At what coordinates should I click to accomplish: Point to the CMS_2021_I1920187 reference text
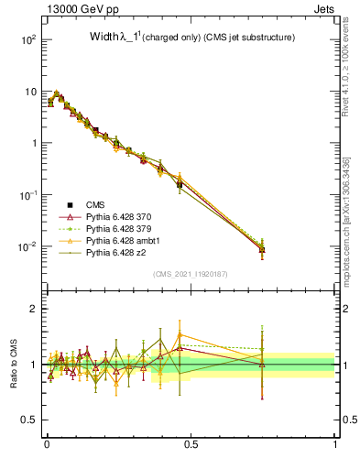click(190, 274)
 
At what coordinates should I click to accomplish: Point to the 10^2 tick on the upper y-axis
click(28, 40)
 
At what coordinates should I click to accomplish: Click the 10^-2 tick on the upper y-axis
click(28, 247)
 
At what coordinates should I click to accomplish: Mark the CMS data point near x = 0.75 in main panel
click(262, 249)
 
